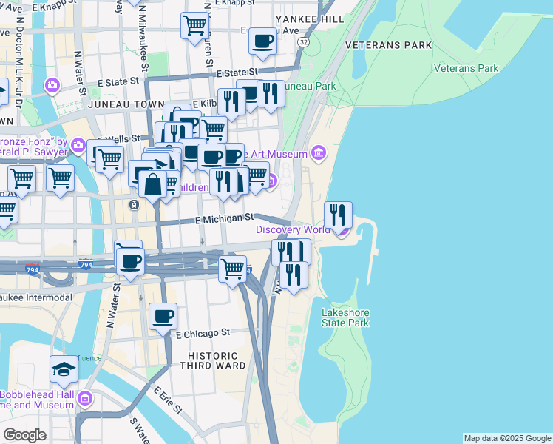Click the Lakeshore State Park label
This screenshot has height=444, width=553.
345,317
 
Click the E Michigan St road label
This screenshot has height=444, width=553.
224,218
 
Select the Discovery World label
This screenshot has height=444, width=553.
293,229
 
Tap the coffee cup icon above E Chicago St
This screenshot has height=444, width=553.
163,316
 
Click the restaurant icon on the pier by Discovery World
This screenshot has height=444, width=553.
338,215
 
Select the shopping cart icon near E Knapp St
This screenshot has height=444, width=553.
194,24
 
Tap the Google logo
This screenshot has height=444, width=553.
25,435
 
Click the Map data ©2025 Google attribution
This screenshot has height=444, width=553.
506,438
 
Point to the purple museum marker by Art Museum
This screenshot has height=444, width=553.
319,153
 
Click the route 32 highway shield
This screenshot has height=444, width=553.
303,43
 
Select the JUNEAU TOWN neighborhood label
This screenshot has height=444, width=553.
120,106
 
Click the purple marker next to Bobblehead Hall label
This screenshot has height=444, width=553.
85,399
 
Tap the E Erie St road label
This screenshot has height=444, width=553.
169,398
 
